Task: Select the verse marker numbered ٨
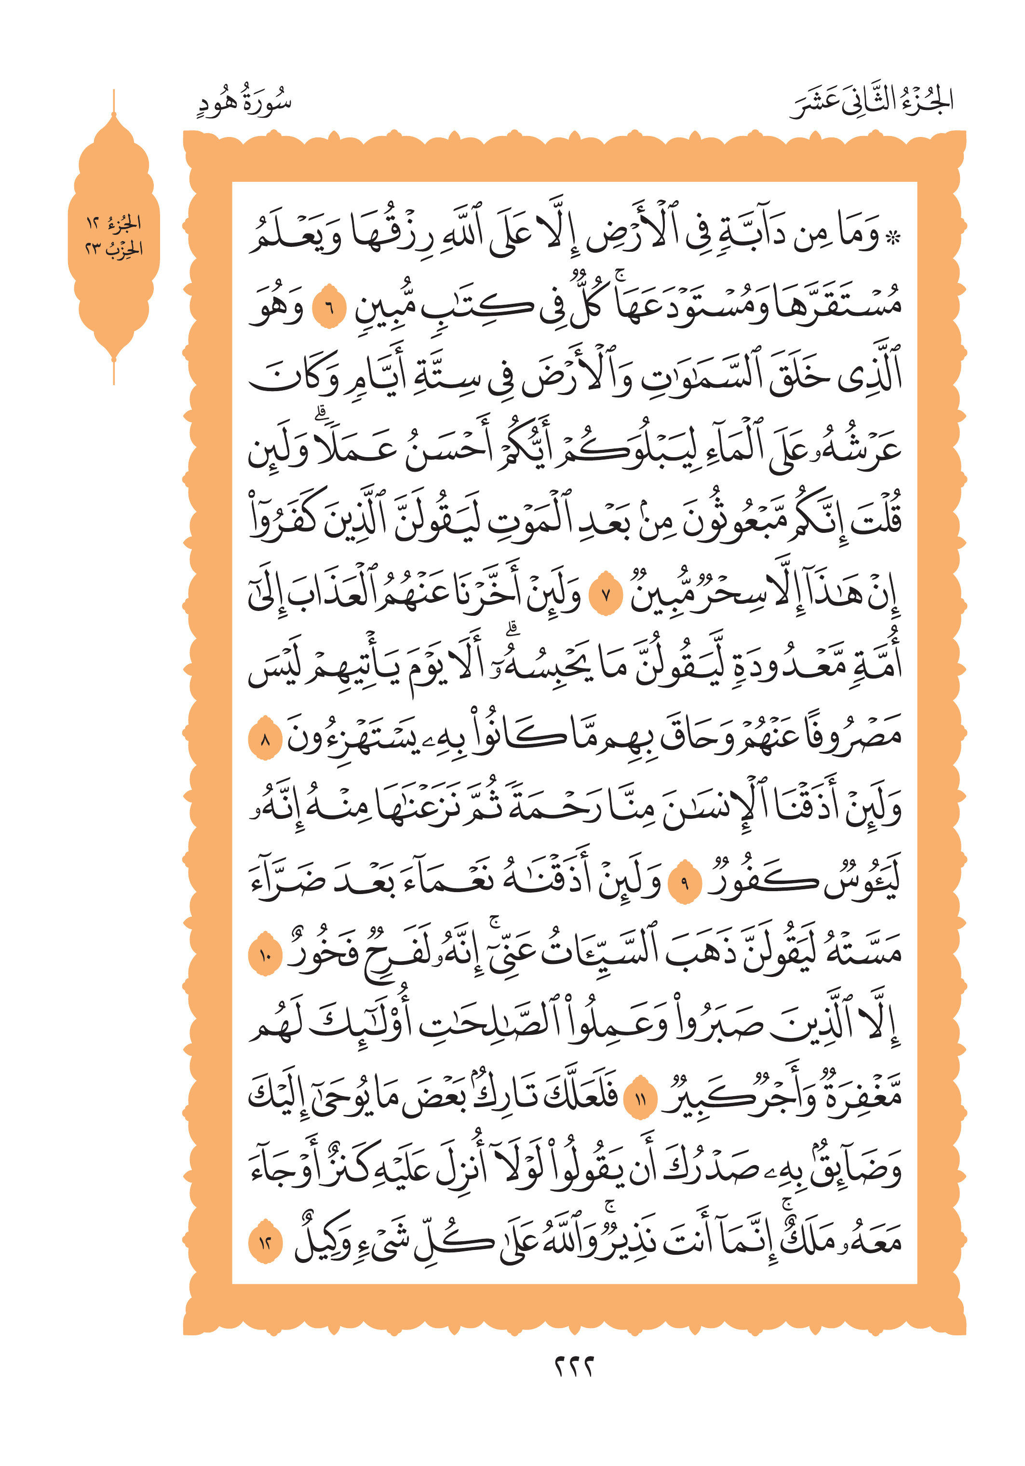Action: (x=264, y=741)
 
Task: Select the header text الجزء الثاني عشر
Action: (x=871, y=102)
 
